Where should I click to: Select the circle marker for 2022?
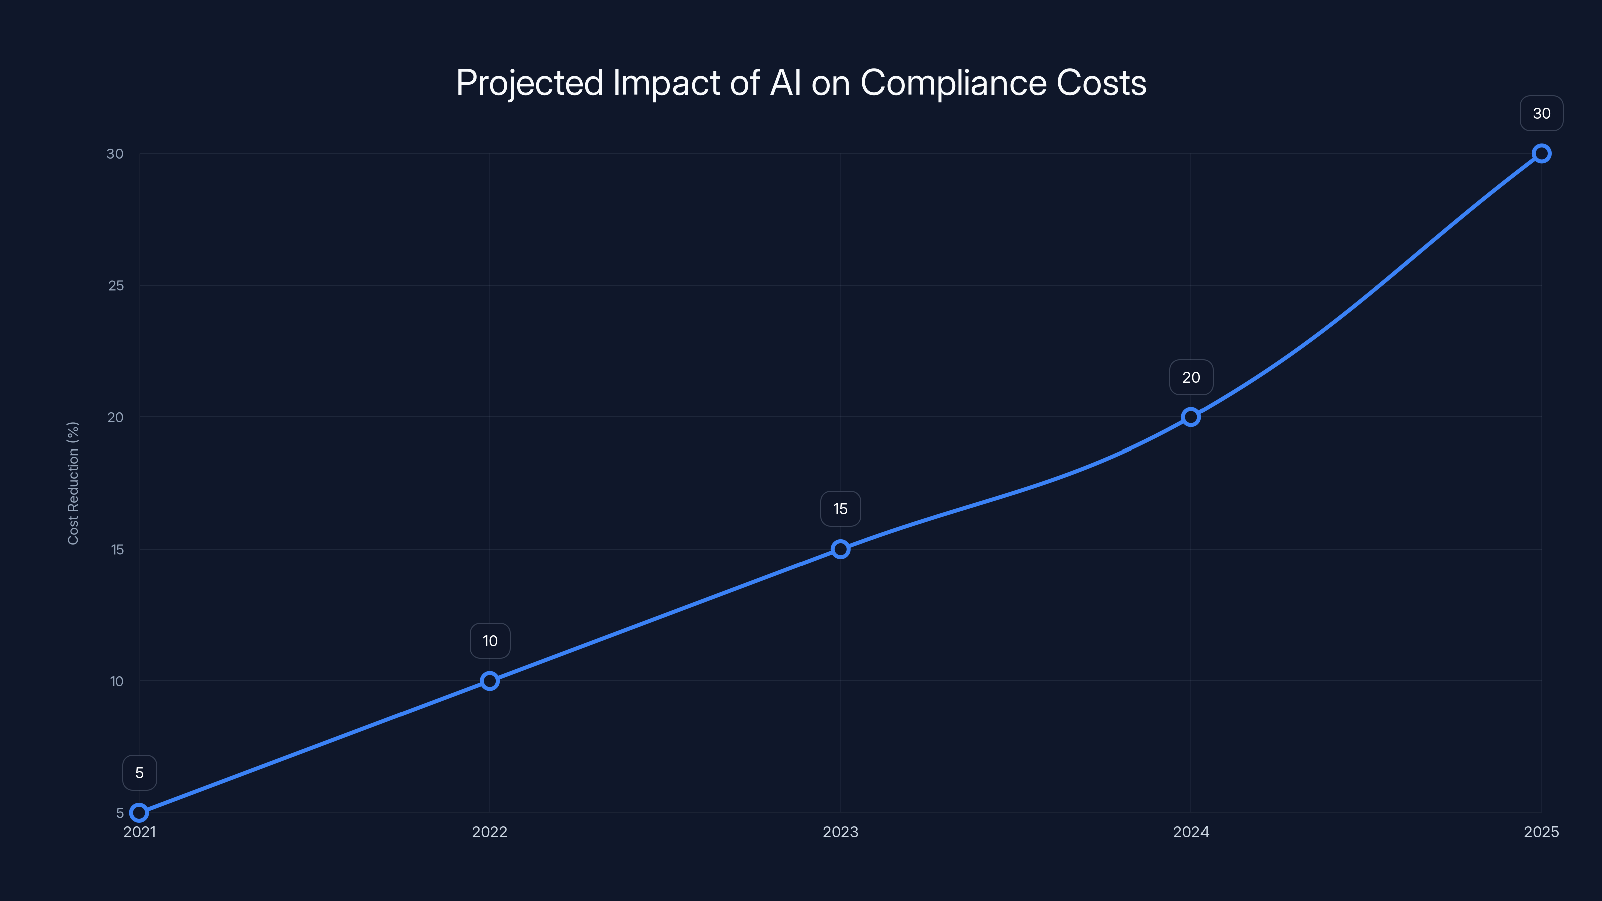tap(490, 681)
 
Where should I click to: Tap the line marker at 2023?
tap(840, 549)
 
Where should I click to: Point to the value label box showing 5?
tap(139, 772)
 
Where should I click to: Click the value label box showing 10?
tap(490, 641)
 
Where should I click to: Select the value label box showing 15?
tap(840, 509)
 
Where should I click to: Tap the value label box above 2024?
tap(1191, 377)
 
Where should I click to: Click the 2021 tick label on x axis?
tap(139, 832)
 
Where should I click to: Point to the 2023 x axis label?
tap(840, 832)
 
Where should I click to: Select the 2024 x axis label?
tap(1191, 832)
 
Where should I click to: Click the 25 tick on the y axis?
tap(116, 285)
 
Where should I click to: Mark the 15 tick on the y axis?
tap(117, 549)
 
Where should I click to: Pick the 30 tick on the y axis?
tap(115, 154)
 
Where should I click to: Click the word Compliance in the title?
tap(953, 83)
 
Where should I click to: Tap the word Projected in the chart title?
tap(529, 83)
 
